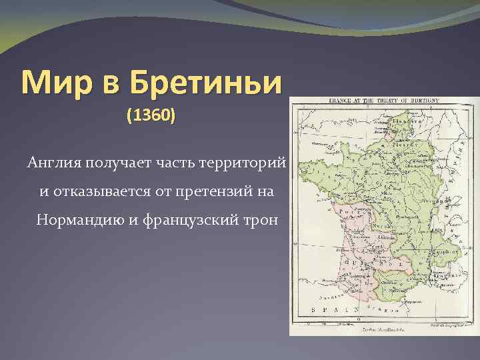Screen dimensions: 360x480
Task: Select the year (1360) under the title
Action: click(151, 115)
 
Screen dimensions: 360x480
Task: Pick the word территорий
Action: click(246, 163)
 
